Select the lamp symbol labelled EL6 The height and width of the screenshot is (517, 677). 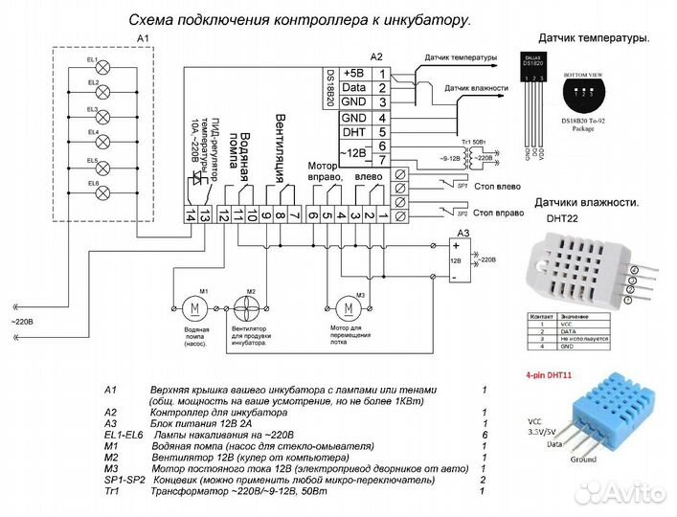point(105,189)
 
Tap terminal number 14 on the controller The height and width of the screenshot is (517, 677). point(192,217)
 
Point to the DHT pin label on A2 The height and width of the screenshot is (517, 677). point(353,131)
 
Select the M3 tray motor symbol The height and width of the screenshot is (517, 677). point(348,307)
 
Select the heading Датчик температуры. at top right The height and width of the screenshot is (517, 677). point(593,38)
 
